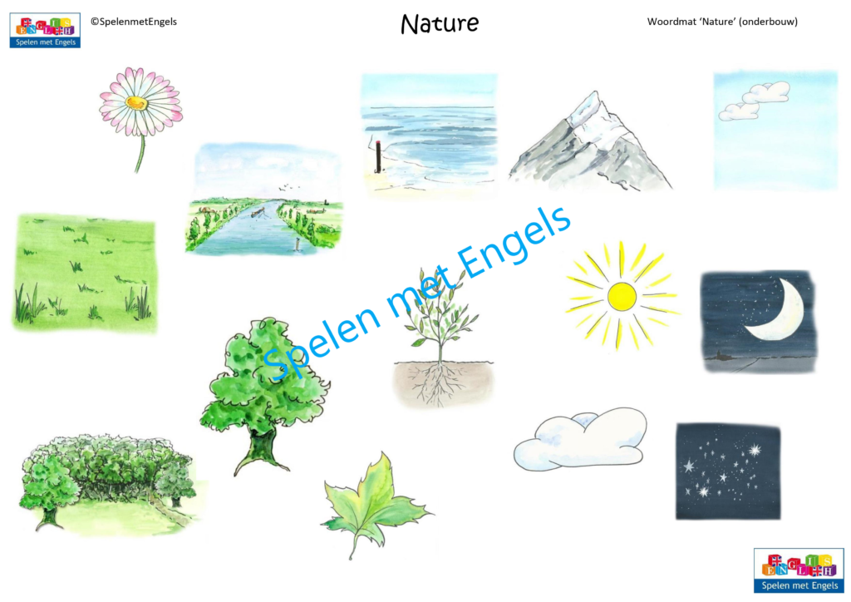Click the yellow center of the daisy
(x=137, y=103)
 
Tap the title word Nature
(x=439, y=23)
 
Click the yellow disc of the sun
(x=621, y=296)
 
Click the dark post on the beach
(x=377, y=157)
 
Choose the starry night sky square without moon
(x=728, y=471)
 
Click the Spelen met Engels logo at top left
(x=45, y=30)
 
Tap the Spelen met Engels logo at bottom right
(x=798, y=570)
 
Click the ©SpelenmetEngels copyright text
(x=133, y=22)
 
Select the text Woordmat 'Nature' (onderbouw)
(x=722, y=22)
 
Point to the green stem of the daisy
(x=140, y=154)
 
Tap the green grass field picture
(x=85, y=273)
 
